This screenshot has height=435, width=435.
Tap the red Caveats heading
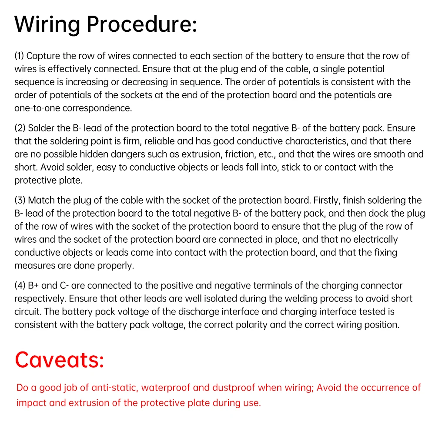point(60,360)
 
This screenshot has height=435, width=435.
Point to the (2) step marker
point(20,128)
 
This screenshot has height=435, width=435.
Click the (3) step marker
point(20,201)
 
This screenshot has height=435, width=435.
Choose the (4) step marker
point(20,286)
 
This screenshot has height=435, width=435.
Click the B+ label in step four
point(33,286)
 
